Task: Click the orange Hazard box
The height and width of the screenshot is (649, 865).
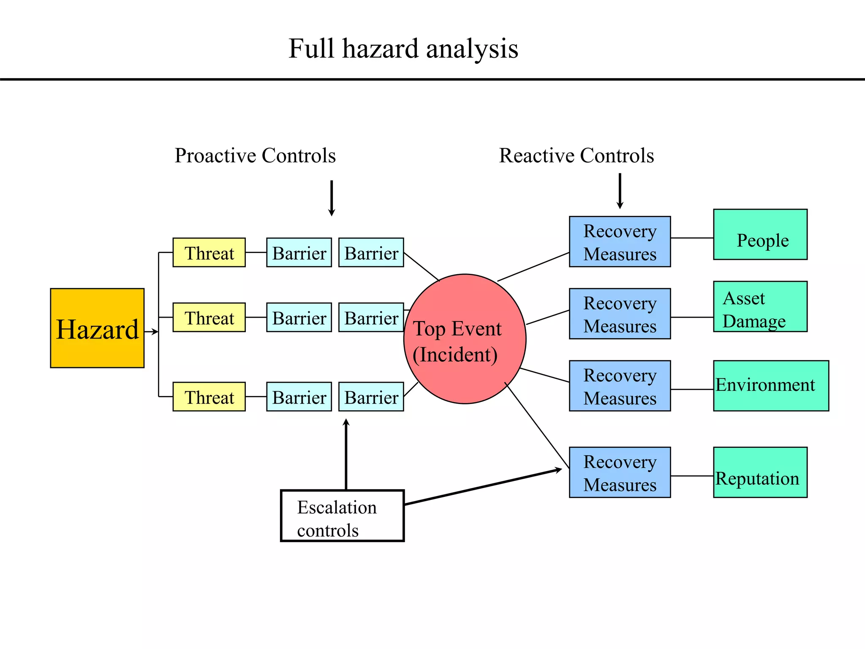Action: [x=97, y=328]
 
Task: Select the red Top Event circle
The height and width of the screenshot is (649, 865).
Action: [x=465, y=339]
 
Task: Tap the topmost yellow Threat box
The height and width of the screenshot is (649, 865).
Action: [x=209, y=253]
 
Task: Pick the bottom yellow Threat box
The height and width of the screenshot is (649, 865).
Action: [x=209, y=397]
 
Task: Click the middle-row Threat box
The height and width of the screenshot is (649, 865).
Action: [x=209, y=317]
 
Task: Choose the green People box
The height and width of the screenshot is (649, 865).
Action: [x=760, y=235]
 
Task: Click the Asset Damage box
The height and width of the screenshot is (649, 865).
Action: [x=760, y=307]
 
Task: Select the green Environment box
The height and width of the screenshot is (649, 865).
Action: [x=771, y=386]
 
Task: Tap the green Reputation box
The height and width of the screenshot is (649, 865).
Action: [x=760, y=472]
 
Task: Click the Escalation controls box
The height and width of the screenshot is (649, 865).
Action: [x=343, y=516]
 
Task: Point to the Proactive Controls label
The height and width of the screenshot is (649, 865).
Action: [x=255, y=155]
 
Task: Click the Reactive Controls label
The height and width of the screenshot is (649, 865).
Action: [x=577, y=155]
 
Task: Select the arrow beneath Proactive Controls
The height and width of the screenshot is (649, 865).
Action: [x=332, y=198]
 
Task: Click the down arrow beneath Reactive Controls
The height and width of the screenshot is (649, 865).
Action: [x=620, y=191]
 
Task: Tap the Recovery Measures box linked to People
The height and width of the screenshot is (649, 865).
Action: [x=620, y=242]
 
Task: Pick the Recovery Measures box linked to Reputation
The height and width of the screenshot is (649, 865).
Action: [x=620, y=472]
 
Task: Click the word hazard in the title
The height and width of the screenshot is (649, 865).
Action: [x=380, y=49]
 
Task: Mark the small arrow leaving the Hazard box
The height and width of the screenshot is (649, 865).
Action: [x=151, y=332]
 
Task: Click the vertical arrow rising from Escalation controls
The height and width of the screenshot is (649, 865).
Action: [x=346, y=454]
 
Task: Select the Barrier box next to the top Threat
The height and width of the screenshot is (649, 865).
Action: [x=299, y=253]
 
